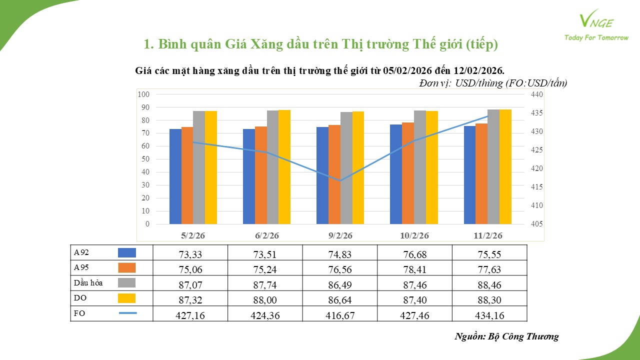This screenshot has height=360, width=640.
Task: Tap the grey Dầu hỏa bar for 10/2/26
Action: pos(419,167)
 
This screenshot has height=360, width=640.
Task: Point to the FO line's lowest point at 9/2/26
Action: pos(340,180)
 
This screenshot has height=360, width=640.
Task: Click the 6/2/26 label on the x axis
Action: pos(266,235)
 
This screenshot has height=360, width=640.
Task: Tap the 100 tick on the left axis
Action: pos(143,94)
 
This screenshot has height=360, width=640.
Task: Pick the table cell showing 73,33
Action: pos(190,254)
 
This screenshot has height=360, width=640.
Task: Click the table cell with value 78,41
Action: pos(414,269)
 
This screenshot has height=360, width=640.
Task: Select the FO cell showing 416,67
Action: pos(339,314)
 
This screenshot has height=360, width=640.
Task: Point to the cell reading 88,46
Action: pos(489,284)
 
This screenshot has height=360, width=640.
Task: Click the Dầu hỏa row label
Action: pos(88,283)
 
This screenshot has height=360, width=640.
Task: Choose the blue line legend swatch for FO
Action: pos(127,313)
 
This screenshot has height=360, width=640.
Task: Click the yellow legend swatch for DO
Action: pos(126,298)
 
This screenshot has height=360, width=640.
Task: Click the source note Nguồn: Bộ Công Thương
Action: pos(506,336)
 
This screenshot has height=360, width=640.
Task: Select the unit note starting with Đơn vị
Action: pos(493,83)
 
